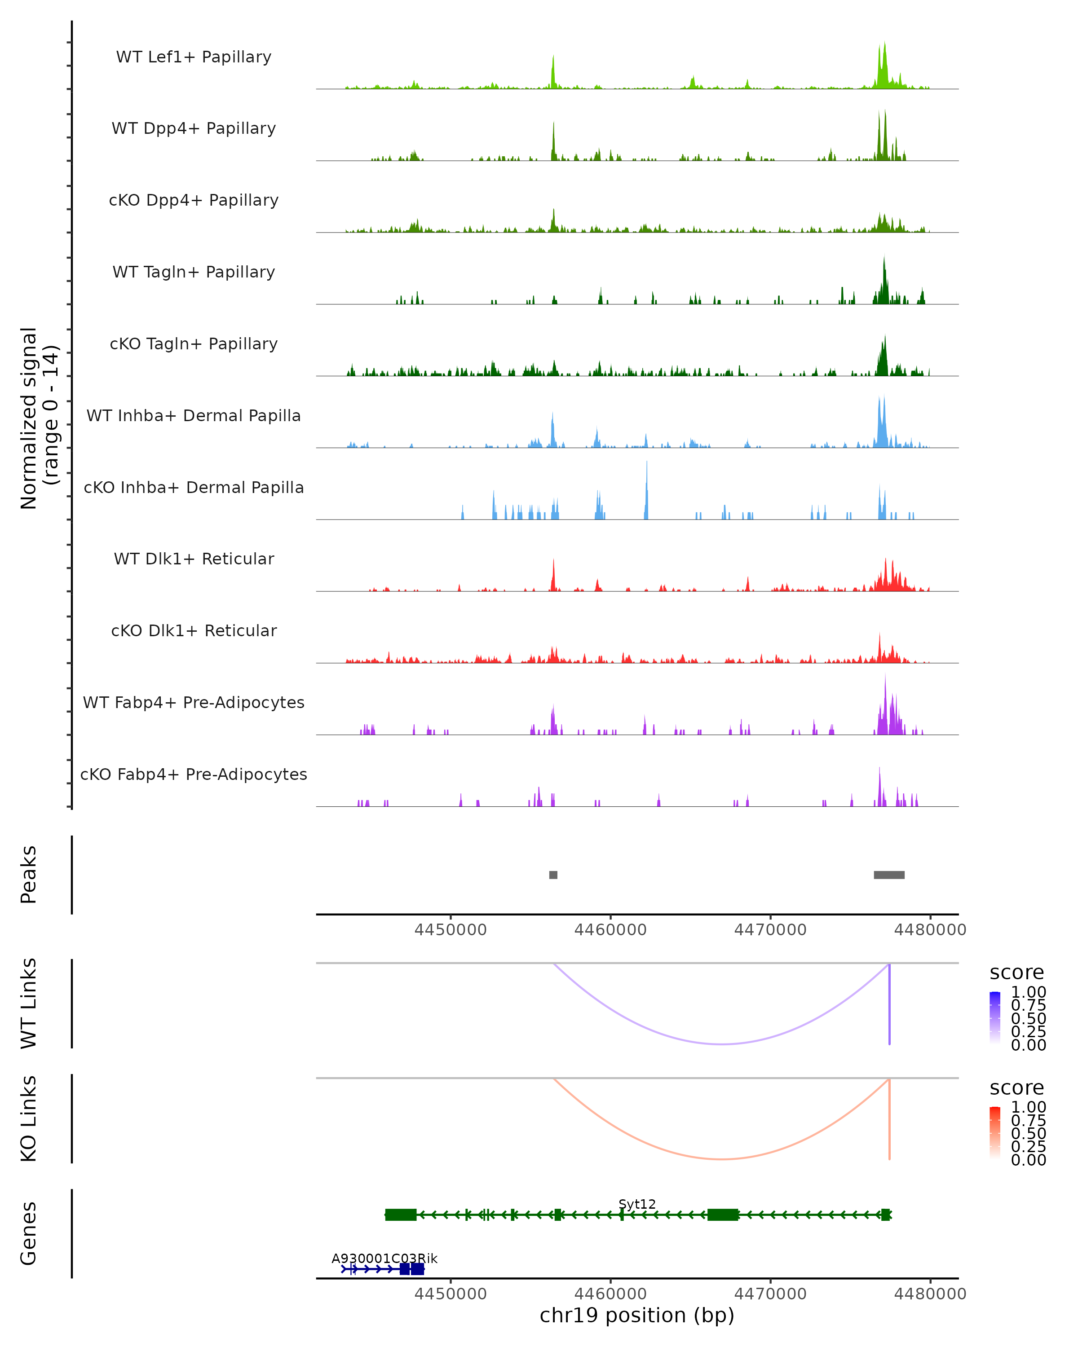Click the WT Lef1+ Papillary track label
pos(194,57)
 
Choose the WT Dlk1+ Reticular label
pos(194,559)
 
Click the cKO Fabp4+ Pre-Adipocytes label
pos(194,774)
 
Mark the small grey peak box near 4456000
pos(553,875)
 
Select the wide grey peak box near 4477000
pos(888,875)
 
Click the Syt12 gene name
pos(637,1204)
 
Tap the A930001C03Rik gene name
pos(384,1258)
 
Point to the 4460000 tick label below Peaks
pos(610,930)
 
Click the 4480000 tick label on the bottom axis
pos(930,1293)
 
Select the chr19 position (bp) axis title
pos(637,1315)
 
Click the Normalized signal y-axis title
pos(39,418)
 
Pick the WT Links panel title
pos(29,1004)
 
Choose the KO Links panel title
pos(29,1118)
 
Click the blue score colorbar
pos(995,1018)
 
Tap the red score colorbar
pos(995,1133)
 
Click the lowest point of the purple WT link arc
pos(722,1044)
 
